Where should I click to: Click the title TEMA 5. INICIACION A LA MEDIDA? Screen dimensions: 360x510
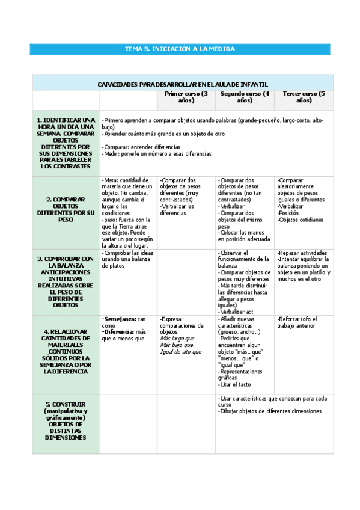click(180, 49)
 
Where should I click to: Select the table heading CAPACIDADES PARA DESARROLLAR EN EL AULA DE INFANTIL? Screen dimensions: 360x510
click(183, 84)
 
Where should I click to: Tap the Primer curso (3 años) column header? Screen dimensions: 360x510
click(186, 97)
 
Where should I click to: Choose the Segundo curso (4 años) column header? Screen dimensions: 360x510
click(245, 97)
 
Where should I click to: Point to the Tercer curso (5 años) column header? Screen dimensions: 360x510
click(304, 97)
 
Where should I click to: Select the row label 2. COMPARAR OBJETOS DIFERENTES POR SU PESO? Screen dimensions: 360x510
click(66, 209)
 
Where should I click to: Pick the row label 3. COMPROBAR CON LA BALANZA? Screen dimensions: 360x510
click(66, 281)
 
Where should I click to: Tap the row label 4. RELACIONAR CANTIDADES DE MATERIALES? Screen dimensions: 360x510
click(66, 351)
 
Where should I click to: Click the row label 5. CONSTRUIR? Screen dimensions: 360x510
click(66, 421)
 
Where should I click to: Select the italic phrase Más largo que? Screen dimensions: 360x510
click(176, 339)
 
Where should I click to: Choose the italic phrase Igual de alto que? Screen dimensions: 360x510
click(180, 352)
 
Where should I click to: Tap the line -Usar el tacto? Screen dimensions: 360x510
click(234, 384)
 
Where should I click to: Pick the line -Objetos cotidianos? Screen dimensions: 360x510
click(301, 220)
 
